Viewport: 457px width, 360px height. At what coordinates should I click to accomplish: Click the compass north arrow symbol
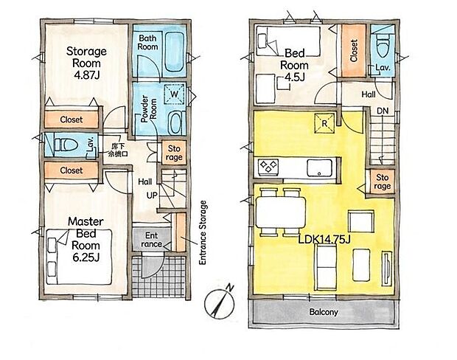tap(219, 304)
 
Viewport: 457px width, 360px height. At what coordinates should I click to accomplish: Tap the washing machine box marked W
tap(174, 94)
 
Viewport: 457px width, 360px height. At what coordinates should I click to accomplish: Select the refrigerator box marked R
tap(324, 124)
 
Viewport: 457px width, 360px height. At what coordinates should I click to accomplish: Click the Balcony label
tap(324, 312)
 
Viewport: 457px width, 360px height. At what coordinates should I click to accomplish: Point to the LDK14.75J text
tap(324, 240)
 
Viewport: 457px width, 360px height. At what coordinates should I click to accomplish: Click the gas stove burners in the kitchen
tap(268, 167)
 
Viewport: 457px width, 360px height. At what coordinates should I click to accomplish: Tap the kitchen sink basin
tap(319, 167)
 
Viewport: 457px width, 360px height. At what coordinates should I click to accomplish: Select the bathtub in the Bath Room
tap(174, 52)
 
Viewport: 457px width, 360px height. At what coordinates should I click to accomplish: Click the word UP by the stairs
tap(152, 195)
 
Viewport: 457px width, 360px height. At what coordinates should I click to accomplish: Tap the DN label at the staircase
tap(383, 111)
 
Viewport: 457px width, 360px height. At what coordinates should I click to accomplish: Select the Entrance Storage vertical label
tap(203, 232)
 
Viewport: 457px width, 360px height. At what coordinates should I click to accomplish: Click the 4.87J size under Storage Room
tap(86, 75)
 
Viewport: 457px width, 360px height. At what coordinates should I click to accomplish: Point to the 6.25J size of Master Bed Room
tap(86, 257)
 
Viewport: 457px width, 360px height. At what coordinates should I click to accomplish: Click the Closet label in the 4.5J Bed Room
tap(354, 51)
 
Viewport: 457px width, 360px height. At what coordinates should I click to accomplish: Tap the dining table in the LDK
tap(281, 212)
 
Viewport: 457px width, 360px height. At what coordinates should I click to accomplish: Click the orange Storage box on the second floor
tap(382, 181)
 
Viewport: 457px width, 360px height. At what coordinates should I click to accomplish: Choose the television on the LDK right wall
tap(387, 269)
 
